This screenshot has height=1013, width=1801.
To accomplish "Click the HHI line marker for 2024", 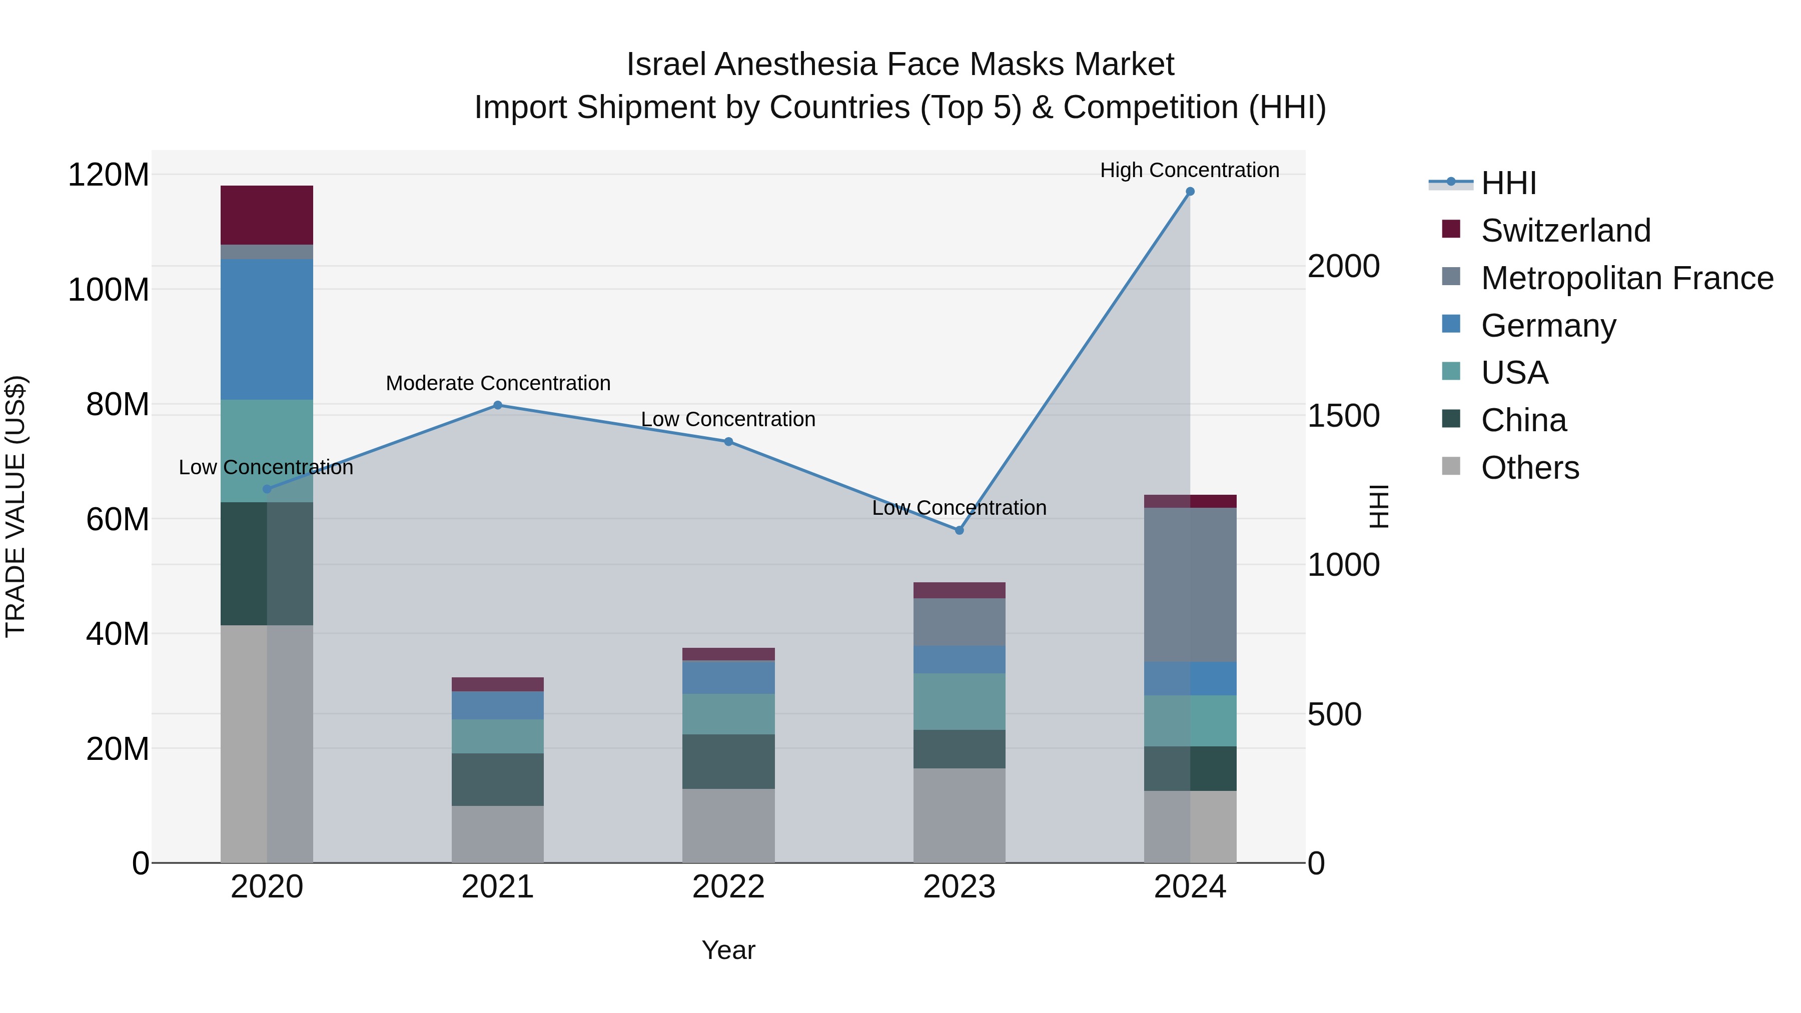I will pyautogui.click(x=1190, y=192).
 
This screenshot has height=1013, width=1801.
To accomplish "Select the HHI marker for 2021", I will pyautogui.click(x=498, y=405).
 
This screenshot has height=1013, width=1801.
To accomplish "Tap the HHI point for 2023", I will pyautogui.click(x=959, y=531).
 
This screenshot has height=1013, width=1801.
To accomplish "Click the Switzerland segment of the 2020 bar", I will pyautogui.click(x=266, y=215).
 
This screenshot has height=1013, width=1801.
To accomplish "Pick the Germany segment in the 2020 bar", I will pyautogui.click(x=266, y=329).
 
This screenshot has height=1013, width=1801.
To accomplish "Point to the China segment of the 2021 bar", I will pyautogui.click(x=498, y=779).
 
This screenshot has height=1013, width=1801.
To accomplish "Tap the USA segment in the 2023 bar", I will pyautogui.click(x=959, y=701).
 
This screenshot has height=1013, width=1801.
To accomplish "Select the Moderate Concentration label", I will pyautogui.click(x=498, y=383).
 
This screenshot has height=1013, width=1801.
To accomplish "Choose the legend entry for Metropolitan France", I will pyautogui.click(x=1627, y=278).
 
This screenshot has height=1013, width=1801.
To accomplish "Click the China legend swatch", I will pyautogui.click(x=1451, y=419).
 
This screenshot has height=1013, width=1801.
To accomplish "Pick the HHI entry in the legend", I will pyautogui.click(x=1508, y=183).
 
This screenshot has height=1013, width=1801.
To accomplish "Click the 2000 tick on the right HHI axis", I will pyautogui.click(x=1343, y=266).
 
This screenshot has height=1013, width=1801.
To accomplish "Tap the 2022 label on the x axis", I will pyautogui.click(x=728, y=887).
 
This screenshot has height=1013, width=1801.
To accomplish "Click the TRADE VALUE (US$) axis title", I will pyautogui.click(x=16, y=506).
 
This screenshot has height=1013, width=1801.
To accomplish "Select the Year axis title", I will pyautogui.click(x=728, y=950).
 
